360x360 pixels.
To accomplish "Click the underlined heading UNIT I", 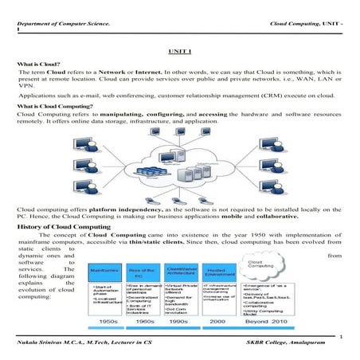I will [x=180, y=50].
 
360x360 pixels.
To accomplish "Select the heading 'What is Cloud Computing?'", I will [x=57, y=107].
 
